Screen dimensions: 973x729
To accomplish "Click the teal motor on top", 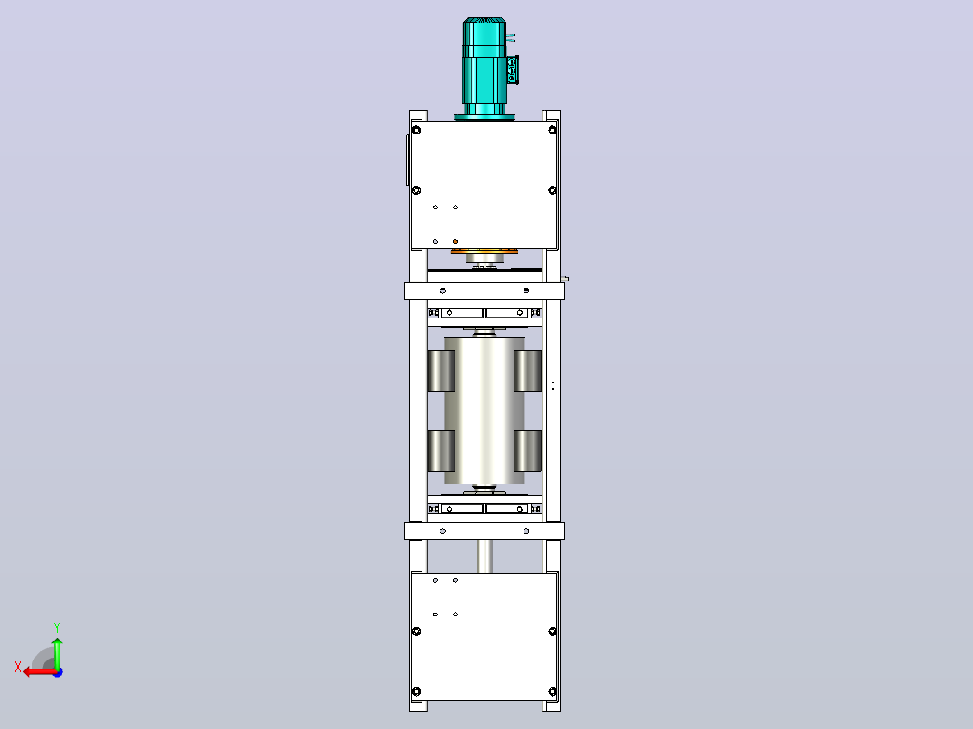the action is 484,67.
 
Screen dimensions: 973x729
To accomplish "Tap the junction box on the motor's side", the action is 513,69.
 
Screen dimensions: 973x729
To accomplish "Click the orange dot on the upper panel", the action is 456,241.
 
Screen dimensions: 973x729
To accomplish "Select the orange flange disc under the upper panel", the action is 484,252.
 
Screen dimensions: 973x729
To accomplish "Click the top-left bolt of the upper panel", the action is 416,130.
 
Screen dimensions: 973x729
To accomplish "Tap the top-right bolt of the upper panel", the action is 552,130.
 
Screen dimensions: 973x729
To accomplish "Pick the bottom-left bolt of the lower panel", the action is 416,691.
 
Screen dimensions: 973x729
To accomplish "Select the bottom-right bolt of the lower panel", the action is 552,691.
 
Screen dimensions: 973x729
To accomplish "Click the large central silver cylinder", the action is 485,411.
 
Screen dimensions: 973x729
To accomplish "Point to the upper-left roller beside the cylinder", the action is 441,371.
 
